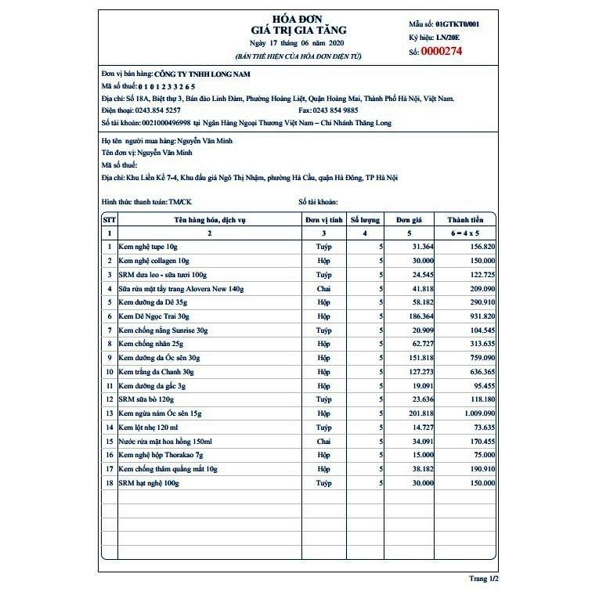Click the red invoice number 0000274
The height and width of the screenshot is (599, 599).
click(442, 52)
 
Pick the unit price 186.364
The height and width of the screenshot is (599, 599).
click(420, 316)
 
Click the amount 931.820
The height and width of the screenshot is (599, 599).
click(473, 316)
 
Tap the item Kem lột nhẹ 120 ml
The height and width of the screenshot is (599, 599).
click(149, 428)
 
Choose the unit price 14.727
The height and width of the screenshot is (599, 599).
click(422, 428)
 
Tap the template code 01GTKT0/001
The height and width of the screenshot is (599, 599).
click(457, 24)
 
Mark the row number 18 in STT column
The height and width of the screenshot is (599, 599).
click(110, 483)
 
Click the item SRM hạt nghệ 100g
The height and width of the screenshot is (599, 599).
click(149, 483)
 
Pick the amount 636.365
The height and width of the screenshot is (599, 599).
click(473, 371)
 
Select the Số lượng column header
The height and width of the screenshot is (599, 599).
click(365, 220)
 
